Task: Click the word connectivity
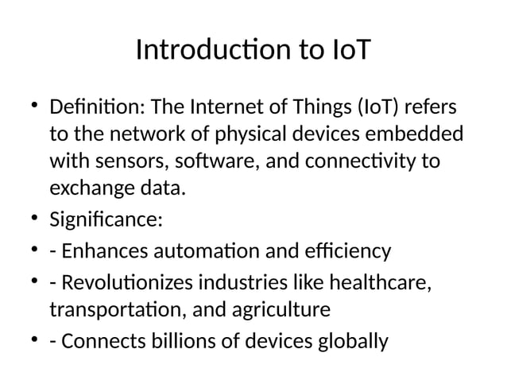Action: [360, 162]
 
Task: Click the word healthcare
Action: [382, 283]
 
